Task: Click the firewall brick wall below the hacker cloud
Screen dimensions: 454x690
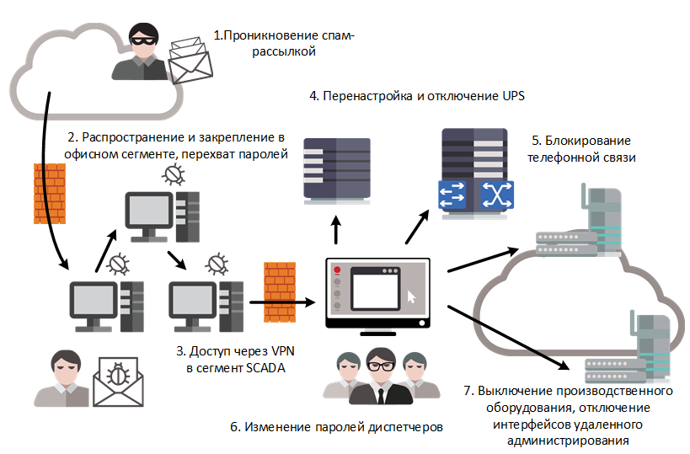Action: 47,195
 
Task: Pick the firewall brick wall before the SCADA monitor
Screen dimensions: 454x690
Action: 280,293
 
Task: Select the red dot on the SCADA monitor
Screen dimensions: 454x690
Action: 337,271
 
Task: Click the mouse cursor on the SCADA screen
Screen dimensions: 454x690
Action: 410,296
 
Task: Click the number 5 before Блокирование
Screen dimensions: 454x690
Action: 535,141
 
